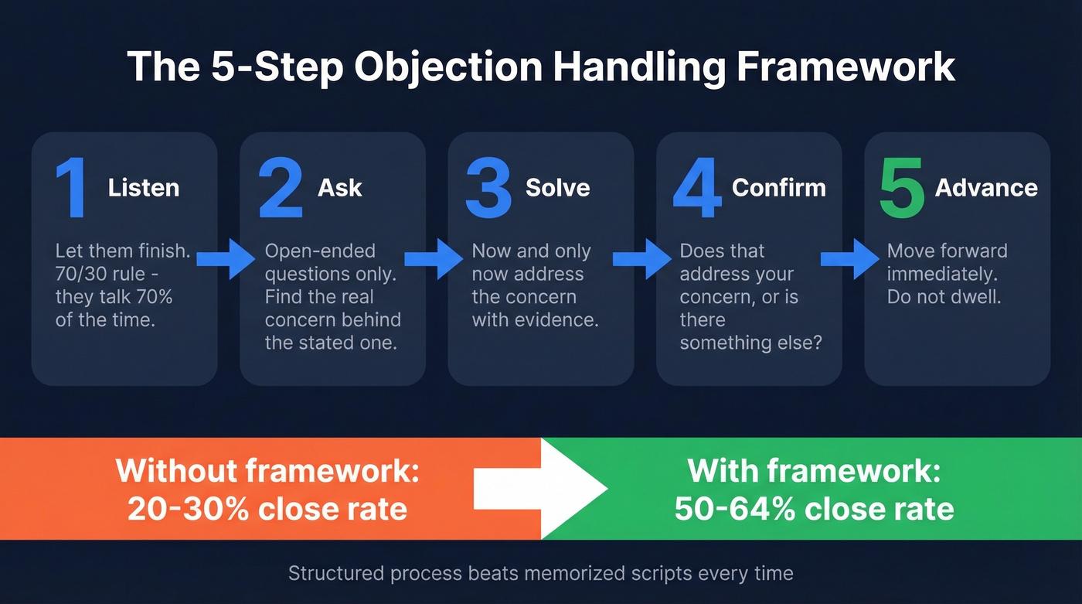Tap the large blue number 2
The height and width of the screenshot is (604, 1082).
(281, 188)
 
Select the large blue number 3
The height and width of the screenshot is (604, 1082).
(488, 188)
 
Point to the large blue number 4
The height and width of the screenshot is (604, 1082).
(697, 188)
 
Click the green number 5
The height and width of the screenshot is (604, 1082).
(902, 188)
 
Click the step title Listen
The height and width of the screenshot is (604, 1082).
(144, 188)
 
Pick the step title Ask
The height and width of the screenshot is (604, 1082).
(340, 188)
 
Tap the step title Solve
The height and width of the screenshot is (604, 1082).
(557, 188)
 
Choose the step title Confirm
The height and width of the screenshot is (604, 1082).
(779, 188)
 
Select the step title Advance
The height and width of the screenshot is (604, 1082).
(986, 188)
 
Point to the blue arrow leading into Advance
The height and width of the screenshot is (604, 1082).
(850, 258)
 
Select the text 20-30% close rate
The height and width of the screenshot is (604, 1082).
(267, 509)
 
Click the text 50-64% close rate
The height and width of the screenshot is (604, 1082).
(814, 509)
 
